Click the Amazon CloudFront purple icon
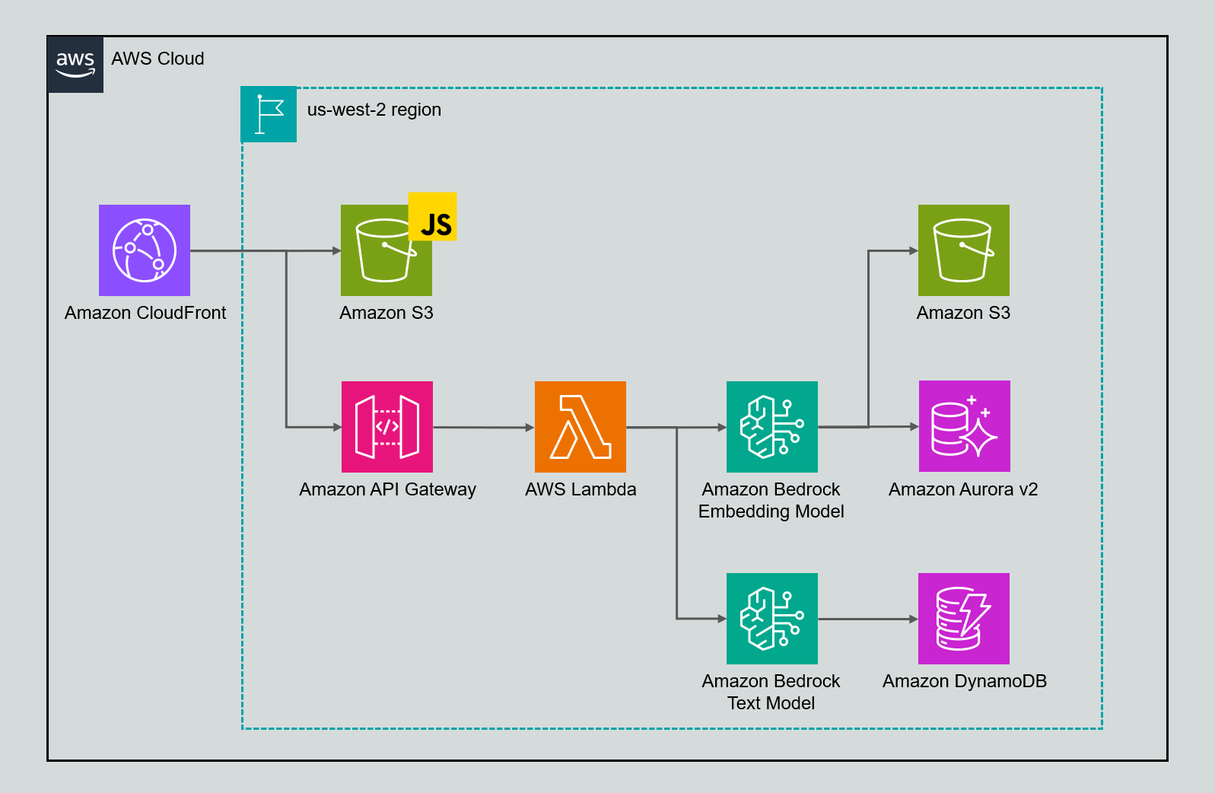(x=145, y=250)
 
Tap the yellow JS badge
(x=433, y=217)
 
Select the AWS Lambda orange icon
(x=580, y=427)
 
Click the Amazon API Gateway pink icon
(x=387, y=427)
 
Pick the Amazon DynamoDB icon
(x=964, y=619)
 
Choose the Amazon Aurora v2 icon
(x=965, y=426)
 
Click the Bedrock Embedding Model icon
(x=772, y=427)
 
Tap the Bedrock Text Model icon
(x=772, y=619)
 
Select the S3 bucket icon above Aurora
(x=964, y=250)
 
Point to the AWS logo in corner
(x=75, y=64)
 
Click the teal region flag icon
(x=269, y=114)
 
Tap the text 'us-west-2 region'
(x=374, y=110)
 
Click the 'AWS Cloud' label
(x=157, y=59)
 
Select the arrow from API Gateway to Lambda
(x=483, y=427)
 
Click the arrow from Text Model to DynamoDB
(x=867, y=619)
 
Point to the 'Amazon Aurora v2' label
(x=963, y=489)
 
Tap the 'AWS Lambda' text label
(x=580, y=489)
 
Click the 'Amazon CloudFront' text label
(x=145, y=313)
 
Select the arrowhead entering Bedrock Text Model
(x=721, y=619)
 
